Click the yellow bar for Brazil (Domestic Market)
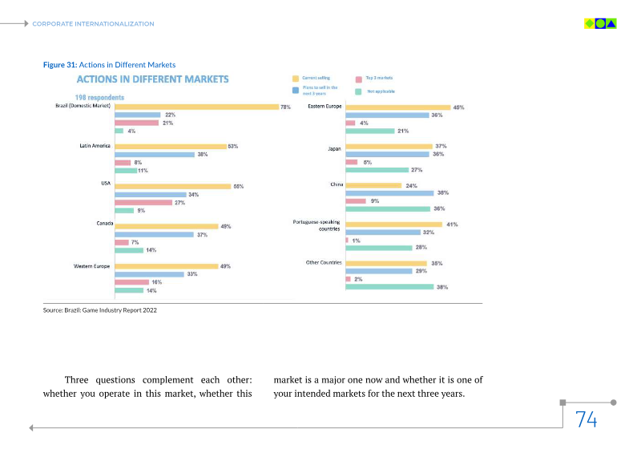(x=196, y=107)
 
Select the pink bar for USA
(x=143, y=203)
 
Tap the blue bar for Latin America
(x=155, y=154)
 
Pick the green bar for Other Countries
(x=389, y=286)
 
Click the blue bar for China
(x=389, y=193)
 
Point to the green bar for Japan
(x=377, y=170)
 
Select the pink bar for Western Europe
(x=131, y=282)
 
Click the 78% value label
(x=285, y=107)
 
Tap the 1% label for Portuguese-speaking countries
(x=355, y=241)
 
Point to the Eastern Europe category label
(x=325, y=106)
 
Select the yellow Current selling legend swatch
(x=296, y=79)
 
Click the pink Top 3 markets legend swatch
(x=359, y=79)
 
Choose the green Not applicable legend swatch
(x=359, y=91)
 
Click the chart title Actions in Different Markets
(x=152, y=79)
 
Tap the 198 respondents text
(x=99, y=97)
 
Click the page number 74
(x=586, y=419)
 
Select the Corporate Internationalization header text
(x=93, y=24)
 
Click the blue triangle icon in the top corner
(x=612, y=24)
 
